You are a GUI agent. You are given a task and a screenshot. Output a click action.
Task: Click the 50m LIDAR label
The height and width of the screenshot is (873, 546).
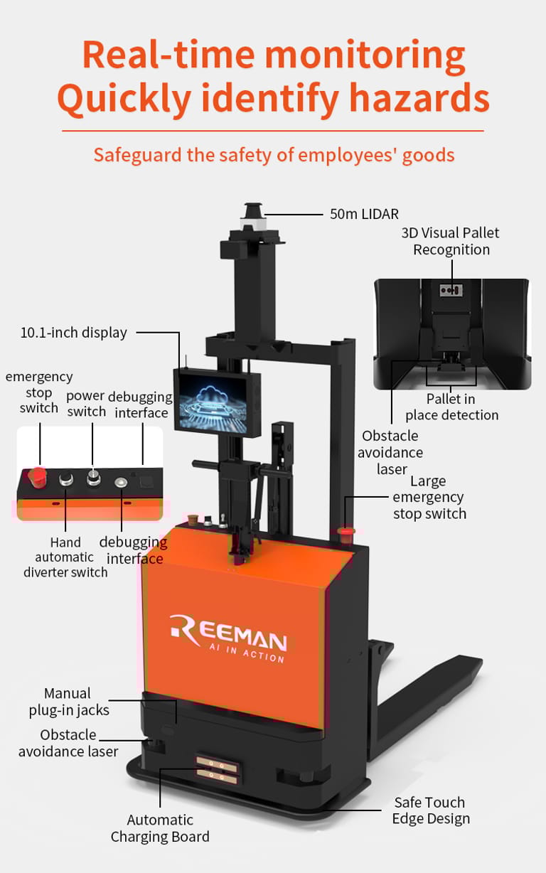tap(364, 213)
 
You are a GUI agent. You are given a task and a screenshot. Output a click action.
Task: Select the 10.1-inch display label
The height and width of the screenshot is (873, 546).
tap(73, 332)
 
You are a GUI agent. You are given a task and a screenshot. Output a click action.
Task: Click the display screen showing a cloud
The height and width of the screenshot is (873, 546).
tap(217, 402)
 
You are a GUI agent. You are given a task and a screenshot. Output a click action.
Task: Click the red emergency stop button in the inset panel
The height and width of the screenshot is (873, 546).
tap(37, 475)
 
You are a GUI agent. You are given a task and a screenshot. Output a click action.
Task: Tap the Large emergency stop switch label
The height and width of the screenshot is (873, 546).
tap(429, 497)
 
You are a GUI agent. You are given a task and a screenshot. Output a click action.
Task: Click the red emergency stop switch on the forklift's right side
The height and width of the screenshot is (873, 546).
tap(347, 529)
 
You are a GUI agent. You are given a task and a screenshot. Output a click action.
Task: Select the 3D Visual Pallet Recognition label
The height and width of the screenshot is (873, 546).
tap(451, 241)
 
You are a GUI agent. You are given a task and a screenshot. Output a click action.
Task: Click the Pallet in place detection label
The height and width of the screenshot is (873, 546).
tap(451, 407)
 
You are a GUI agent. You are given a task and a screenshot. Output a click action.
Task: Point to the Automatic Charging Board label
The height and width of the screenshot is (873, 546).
tap(160, 828)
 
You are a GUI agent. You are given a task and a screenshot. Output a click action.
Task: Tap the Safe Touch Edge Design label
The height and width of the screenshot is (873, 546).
tap(430, 810)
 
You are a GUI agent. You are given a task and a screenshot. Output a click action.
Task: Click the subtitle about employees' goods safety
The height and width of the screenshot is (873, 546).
tap(274, 154)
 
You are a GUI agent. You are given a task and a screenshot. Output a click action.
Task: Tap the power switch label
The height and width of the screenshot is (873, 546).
tap(86, 403)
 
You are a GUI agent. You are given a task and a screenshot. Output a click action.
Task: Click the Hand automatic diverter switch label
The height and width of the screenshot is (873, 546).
tap(65, 557)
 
